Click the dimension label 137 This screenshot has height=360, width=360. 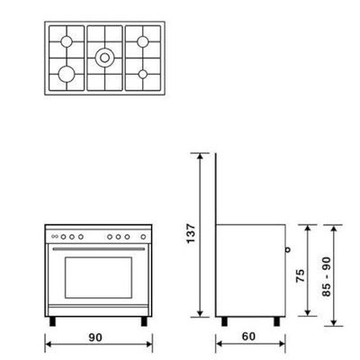coord(191,233)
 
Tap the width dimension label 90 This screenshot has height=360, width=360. coord(95,337)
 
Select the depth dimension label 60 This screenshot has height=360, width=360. coord(248,337)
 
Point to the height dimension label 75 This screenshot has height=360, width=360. coord(300,275)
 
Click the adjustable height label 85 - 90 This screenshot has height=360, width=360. coord(327,276)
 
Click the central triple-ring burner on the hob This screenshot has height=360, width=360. coord(104,58)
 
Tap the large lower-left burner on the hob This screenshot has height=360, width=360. coord(67,74)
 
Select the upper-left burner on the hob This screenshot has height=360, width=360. coord(67,41)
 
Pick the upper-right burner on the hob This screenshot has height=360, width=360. coord(143,41)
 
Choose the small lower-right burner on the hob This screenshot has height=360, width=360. coord(143,74)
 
